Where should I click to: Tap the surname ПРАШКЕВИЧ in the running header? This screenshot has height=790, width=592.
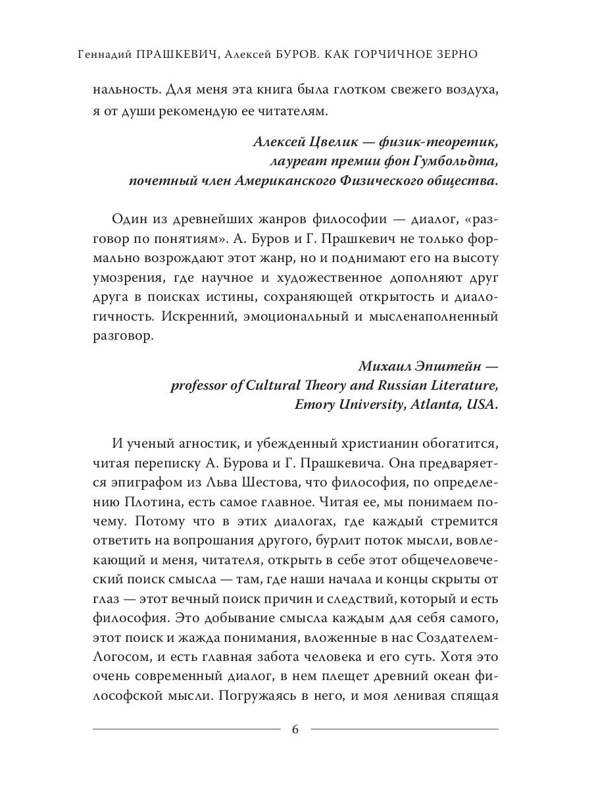click(x=179, y=55)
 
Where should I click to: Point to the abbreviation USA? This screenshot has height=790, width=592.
click(x=481, y=406)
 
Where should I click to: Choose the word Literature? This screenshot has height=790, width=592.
click(x=458, y=386)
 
